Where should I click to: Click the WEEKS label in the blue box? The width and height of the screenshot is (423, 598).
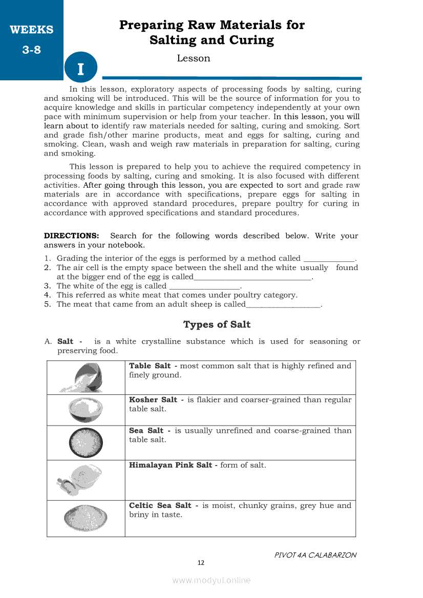pyautogui.click(x=31, y=30)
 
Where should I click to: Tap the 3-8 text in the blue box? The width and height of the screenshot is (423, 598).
pyautogui.click(x=31, y=50)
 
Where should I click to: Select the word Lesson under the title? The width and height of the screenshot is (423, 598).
pyautogui.click(x=194, y=58)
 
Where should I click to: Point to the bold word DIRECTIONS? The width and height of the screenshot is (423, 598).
pyautogui.click(x=71, y=236)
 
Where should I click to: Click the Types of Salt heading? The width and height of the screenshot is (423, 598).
pyautogui.click(x=217, y=325)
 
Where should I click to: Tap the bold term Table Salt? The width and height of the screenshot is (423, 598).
pyautogui.click(x=150, y=366)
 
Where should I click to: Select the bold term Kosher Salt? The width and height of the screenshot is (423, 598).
pyautogui.click(x=153, y=400)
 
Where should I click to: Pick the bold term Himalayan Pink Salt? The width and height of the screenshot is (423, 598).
pyautogui.click(x=171, y=466)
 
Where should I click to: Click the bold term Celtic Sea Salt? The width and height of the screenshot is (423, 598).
pyautogui.click(x=160, y=505)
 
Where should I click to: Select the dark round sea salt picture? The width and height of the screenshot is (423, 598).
pyautogui.click(x=86, y=442)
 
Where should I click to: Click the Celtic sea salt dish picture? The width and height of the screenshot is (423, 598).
pyautogui.click(x=86, y=518)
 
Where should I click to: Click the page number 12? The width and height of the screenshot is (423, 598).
pyautogui.click(x=201, y=563)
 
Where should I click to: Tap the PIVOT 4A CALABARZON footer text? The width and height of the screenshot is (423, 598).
pyautogui.click(x=315, y=555)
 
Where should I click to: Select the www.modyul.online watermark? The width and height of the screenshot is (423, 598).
pyautogui.click(x=211, y=580)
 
